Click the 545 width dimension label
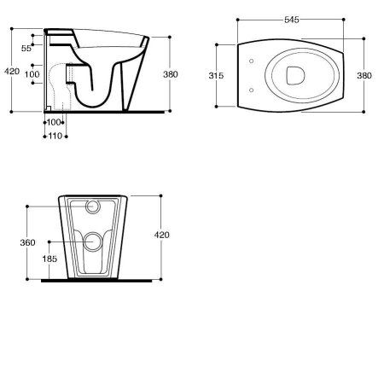292,20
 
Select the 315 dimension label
216,76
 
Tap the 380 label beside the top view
364,76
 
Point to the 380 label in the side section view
171,74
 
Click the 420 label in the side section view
12,72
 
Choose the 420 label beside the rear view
161,235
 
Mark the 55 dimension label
26,49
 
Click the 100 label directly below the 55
32,74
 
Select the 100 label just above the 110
54,122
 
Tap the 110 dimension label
55,136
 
